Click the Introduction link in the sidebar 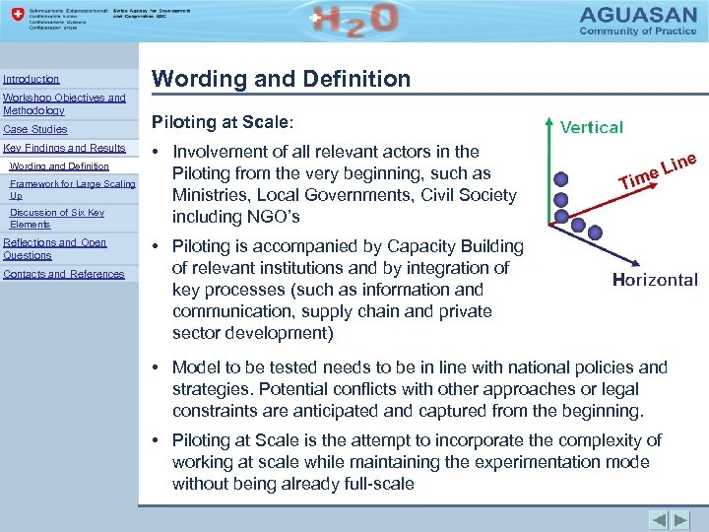32,79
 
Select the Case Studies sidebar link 35,129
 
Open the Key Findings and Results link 65,148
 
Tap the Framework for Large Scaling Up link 72,189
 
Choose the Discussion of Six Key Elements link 56,218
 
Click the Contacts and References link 64,274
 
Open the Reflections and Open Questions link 55,248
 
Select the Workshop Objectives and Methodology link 64,104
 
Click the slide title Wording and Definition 281,79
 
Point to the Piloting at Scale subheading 222,123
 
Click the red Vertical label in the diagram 592,127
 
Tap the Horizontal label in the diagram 655,280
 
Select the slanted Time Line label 657,168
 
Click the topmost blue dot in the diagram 560,179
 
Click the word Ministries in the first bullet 212,195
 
